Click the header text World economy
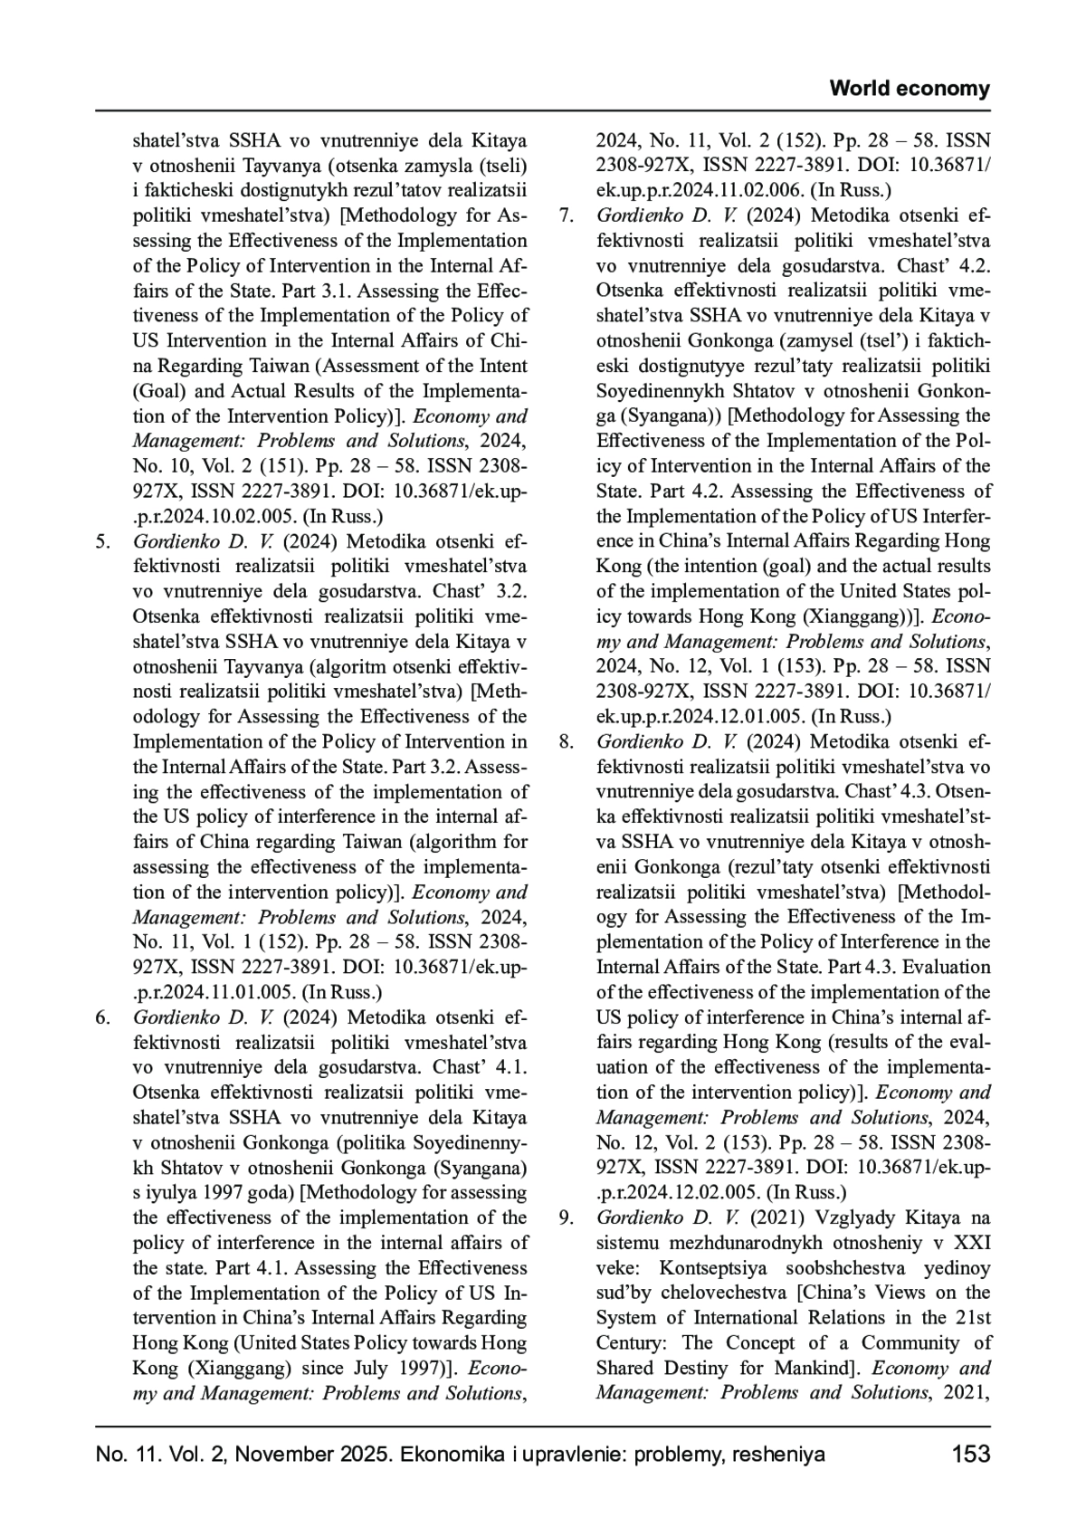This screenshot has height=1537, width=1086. click(x=910, y=89)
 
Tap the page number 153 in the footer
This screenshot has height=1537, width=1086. click(x=971, y=1455)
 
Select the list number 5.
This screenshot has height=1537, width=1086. click(x=103, y=542)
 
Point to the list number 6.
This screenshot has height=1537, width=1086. click(x=103, y=1017)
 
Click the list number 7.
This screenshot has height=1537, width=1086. click(x=567, y=216)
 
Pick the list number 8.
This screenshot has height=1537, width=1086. click(x=567, y=742)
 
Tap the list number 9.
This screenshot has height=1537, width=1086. click(x=567, y=1217)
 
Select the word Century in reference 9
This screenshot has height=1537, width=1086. click(x=631, y=1343)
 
